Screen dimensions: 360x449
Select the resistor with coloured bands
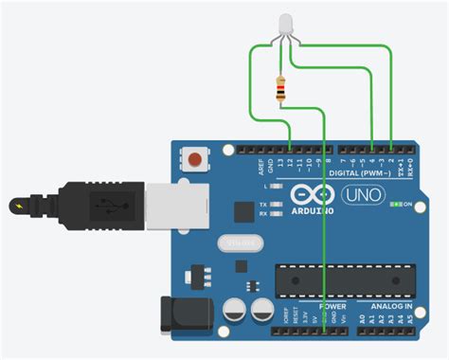[280, 88]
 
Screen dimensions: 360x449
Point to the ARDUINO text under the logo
[306, 209]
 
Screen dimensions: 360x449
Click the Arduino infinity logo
[306, 194]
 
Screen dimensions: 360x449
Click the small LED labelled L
[276, 187]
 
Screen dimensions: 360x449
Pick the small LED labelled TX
[276, 201]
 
